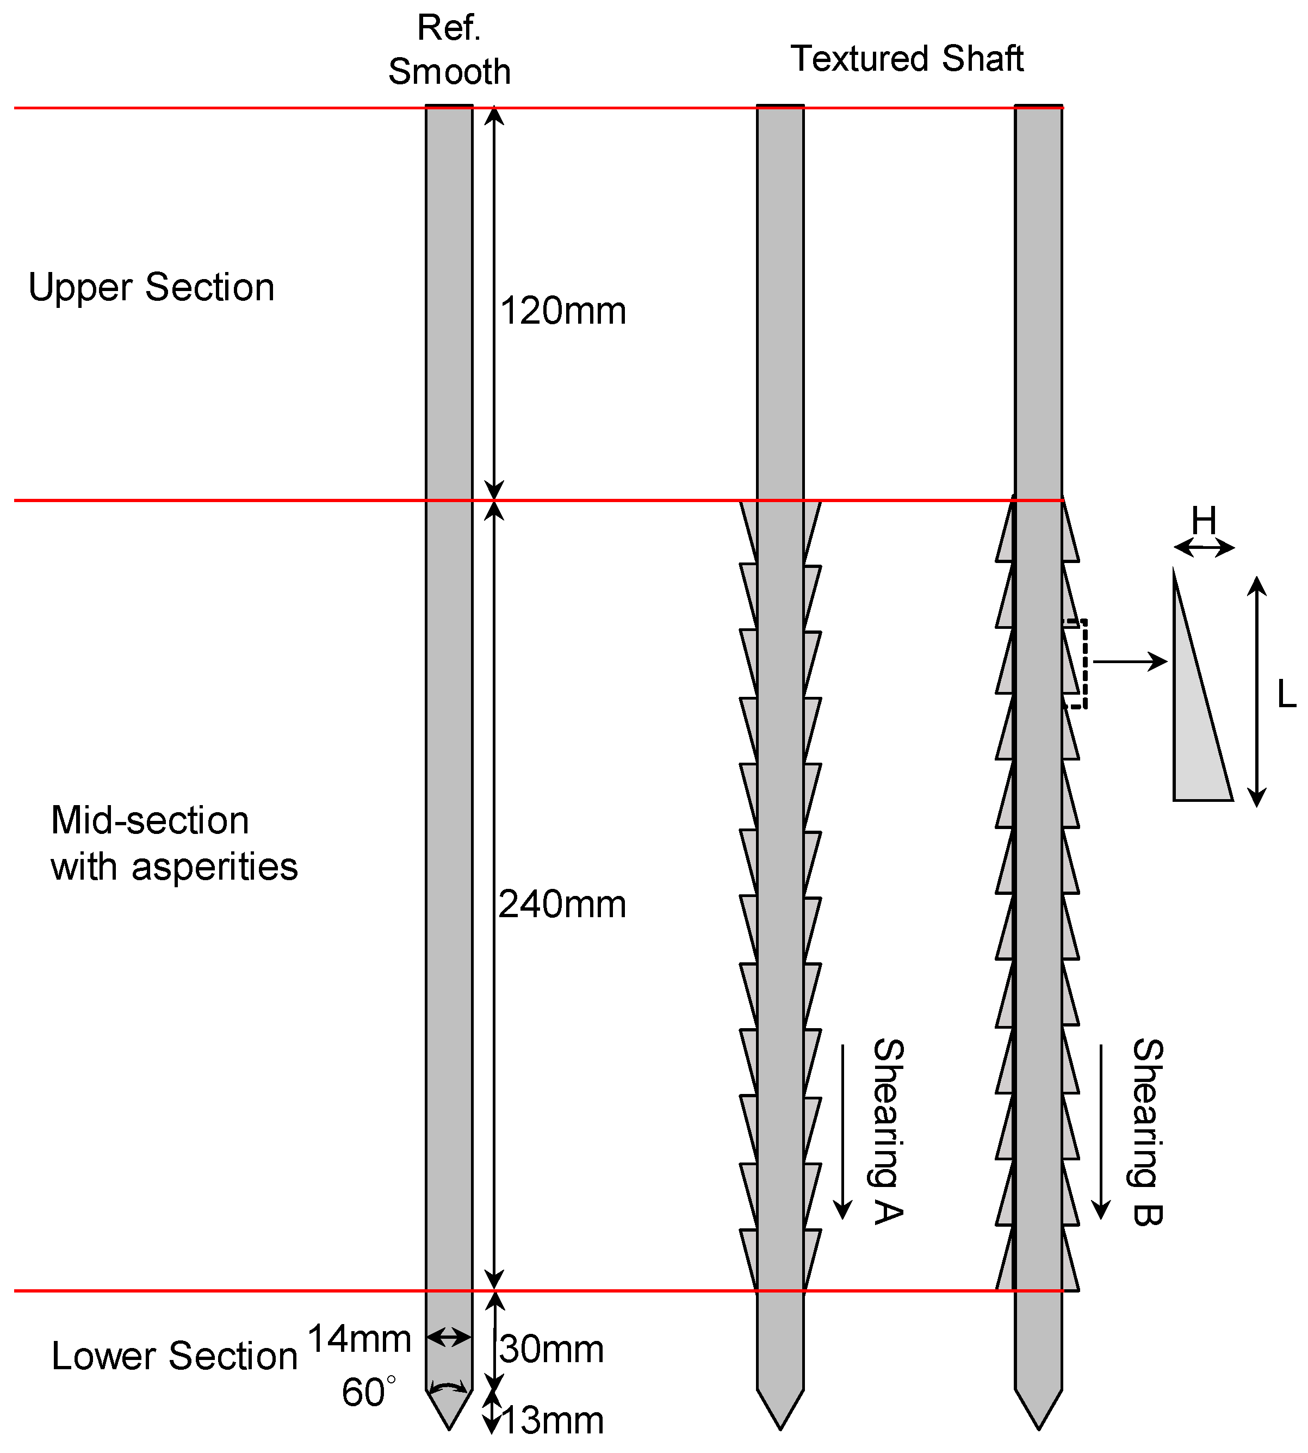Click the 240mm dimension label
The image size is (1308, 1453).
coord(561,905)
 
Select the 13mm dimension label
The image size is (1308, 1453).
coord(551,1421)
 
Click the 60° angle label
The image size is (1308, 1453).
coord(368,1393)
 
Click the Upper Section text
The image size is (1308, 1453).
coord(151,288)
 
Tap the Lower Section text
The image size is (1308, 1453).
coord(174,1357)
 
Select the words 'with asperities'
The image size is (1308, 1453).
coord(174,867)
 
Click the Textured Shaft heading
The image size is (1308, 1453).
coord(906,59)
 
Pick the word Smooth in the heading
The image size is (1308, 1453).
coord(449,72)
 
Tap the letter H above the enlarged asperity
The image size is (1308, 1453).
coord(1204,519)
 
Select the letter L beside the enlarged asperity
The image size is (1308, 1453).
coord(1286,695)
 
